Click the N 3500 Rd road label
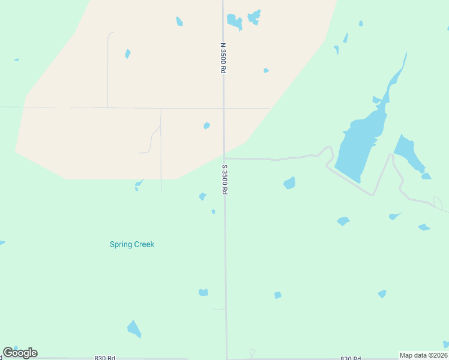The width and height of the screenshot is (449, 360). click(x=223, y=58)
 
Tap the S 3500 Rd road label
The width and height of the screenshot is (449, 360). click(x=224, y=179)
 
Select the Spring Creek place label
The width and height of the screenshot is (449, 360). click(x=132, y=244)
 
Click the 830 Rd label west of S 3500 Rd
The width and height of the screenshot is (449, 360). click(x=104, y=358)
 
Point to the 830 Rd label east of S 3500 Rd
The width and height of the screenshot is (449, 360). click(x=351, y=358)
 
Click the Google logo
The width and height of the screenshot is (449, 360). click(x=20, y=353)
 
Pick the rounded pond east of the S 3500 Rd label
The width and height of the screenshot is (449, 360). click(x=289, y=182)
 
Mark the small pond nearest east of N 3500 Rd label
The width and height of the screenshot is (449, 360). click(x=266, y=70)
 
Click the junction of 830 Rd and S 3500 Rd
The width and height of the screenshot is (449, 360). click(x=227, y=358)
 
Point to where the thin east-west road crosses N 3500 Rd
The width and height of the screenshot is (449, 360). click(x=223, y=108)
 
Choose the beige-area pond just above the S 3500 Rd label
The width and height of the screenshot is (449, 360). click(x=206, y=125)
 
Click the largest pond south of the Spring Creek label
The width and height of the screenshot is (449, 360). click(x=134, y=329)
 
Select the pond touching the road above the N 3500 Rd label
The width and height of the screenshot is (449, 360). click(x=234, y=22)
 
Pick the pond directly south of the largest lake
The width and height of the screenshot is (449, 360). click(x=343, y=221)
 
